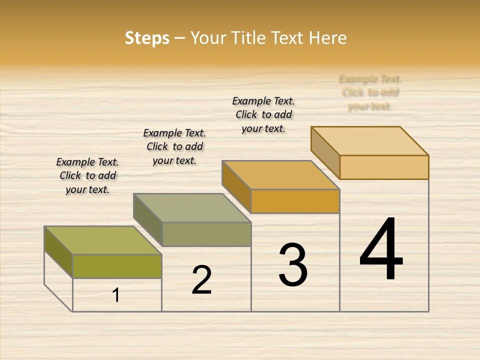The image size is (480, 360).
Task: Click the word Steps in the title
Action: [x=147, y=38]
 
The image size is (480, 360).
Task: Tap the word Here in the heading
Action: [x=327, y=38]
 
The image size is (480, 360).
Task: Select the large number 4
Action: [x=381, y=250]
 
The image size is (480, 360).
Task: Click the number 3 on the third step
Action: [x=293, y=265]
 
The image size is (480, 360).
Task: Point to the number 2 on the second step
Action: [x=201, y=280]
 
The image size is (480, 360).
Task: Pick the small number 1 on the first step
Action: [x=116, y=295]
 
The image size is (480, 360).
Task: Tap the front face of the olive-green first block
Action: [x=117, y=266]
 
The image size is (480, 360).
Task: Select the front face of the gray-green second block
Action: [x=206, y=234]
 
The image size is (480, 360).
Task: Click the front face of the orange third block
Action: [x=295, y=201]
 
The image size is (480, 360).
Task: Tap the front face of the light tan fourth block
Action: [x=384, y=167]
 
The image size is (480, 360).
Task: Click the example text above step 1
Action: [x=87, y=175]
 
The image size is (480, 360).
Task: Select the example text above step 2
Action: [x=174, y=146]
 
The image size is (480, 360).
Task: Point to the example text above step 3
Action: [x=263, y=114]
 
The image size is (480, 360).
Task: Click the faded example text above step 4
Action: [x=370, y=92]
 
